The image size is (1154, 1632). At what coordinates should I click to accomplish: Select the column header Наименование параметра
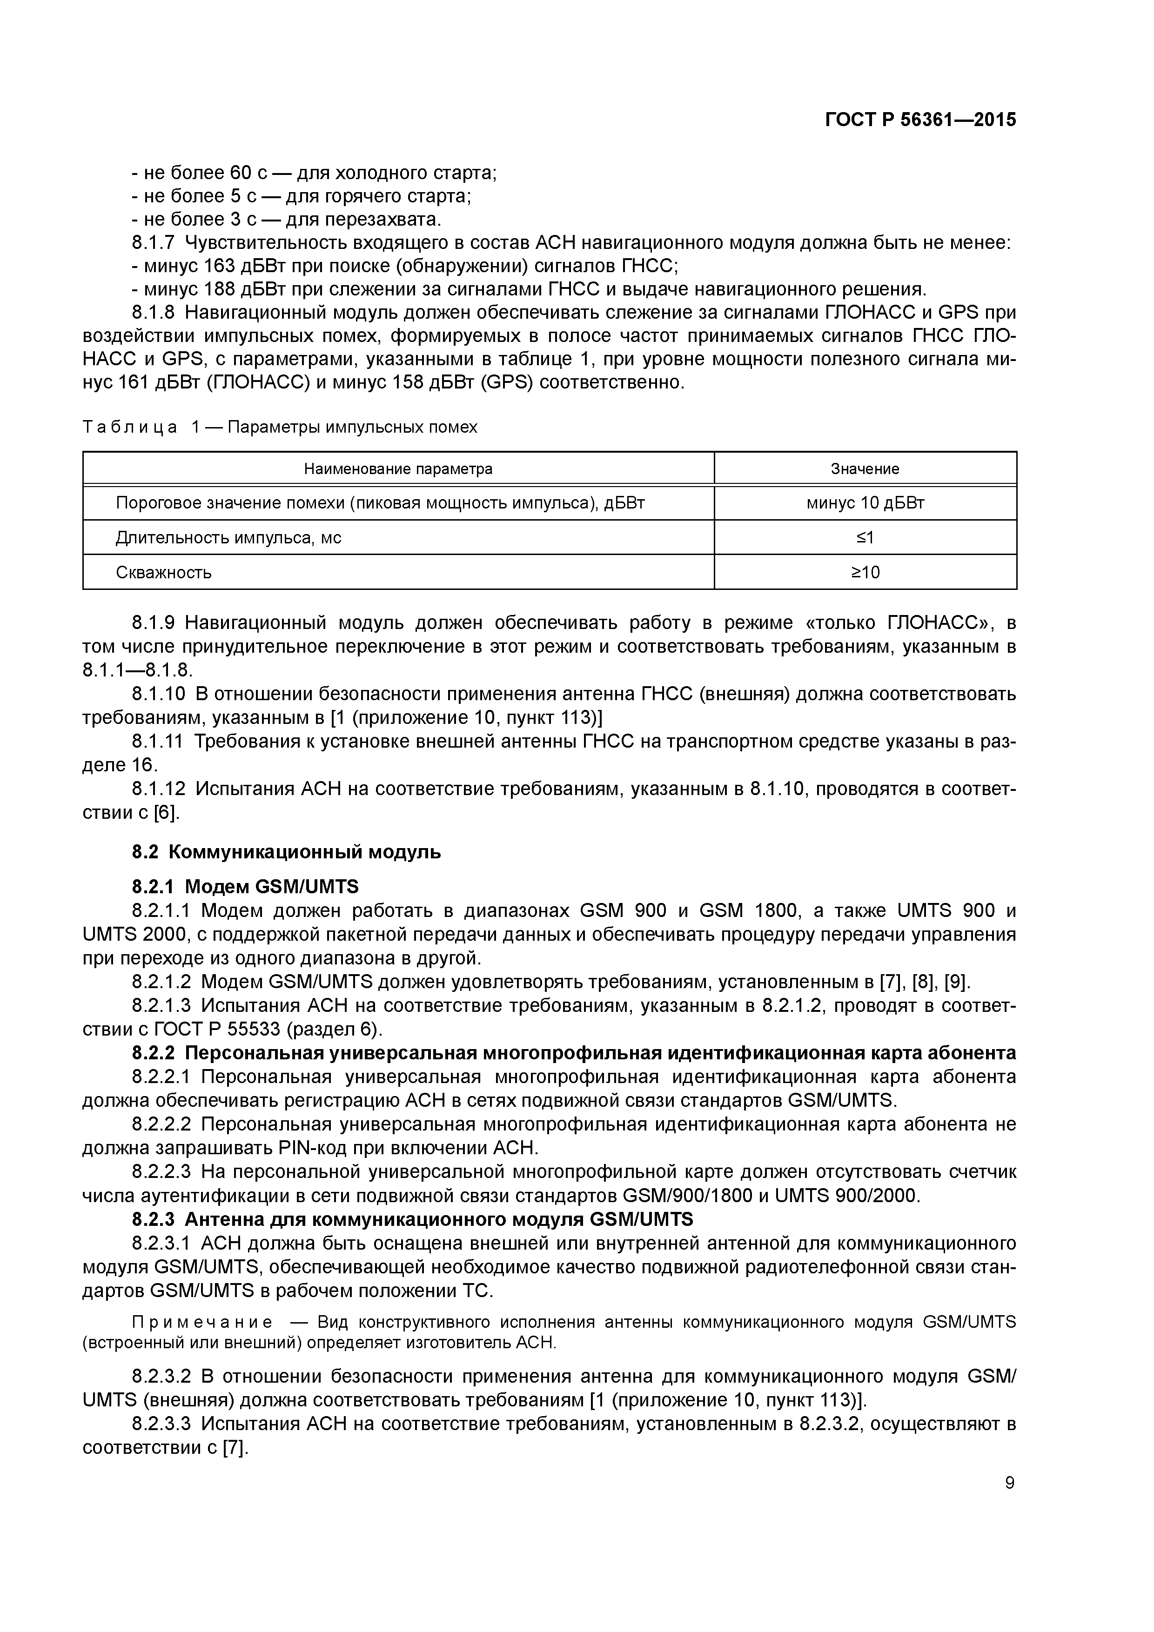tap(398, 469)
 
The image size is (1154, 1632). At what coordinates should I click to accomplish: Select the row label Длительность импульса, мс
tap(228, 537)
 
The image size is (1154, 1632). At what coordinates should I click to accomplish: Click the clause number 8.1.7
tap(153, 243)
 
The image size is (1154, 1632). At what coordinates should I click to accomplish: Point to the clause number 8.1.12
tap(159, 789)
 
